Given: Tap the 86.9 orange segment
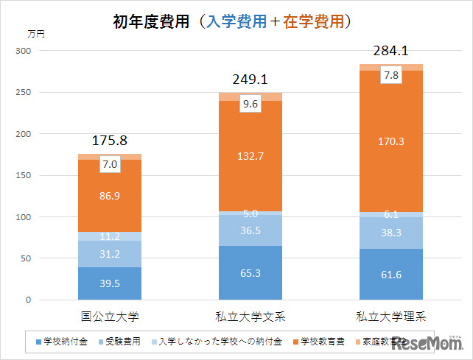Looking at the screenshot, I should pyautogui.click(x=109, y=197).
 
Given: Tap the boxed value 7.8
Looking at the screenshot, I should pyautogui.click(x=392, y=76).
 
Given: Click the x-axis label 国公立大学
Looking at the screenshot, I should pyautogui.click(x=109, y=318).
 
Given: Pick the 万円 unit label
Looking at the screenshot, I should pyautogui.click(x=35, y=33).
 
